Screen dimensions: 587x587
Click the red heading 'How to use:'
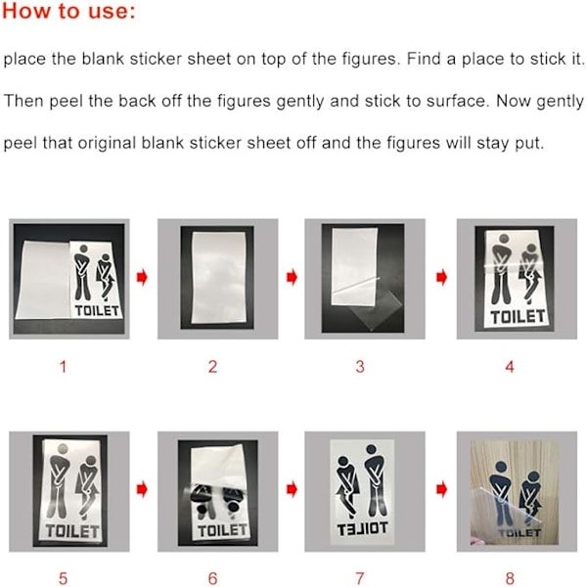click(68, 11)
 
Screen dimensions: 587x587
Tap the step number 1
click(64, 367)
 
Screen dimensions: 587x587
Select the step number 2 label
click(212, 367)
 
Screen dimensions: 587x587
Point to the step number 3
click(360, 367)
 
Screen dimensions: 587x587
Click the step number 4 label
click(510, 367)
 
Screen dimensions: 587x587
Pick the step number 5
click(64, 578)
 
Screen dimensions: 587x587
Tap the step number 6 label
click(212, 578)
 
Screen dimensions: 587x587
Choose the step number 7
click(360, 578)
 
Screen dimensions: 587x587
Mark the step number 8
click(510, 578)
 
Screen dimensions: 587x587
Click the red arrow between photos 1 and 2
click(142, 278)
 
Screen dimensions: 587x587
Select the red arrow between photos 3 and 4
click(442, 278)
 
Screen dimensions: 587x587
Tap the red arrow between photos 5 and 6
click(142, 489)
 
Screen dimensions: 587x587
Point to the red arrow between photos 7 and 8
click(442, 489)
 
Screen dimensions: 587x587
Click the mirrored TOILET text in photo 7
click(362, 528)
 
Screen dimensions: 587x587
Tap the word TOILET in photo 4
click(518, 317)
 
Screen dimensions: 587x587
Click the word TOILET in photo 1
click(97, 310)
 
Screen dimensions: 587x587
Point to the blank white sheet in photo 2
click(217, 278)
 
